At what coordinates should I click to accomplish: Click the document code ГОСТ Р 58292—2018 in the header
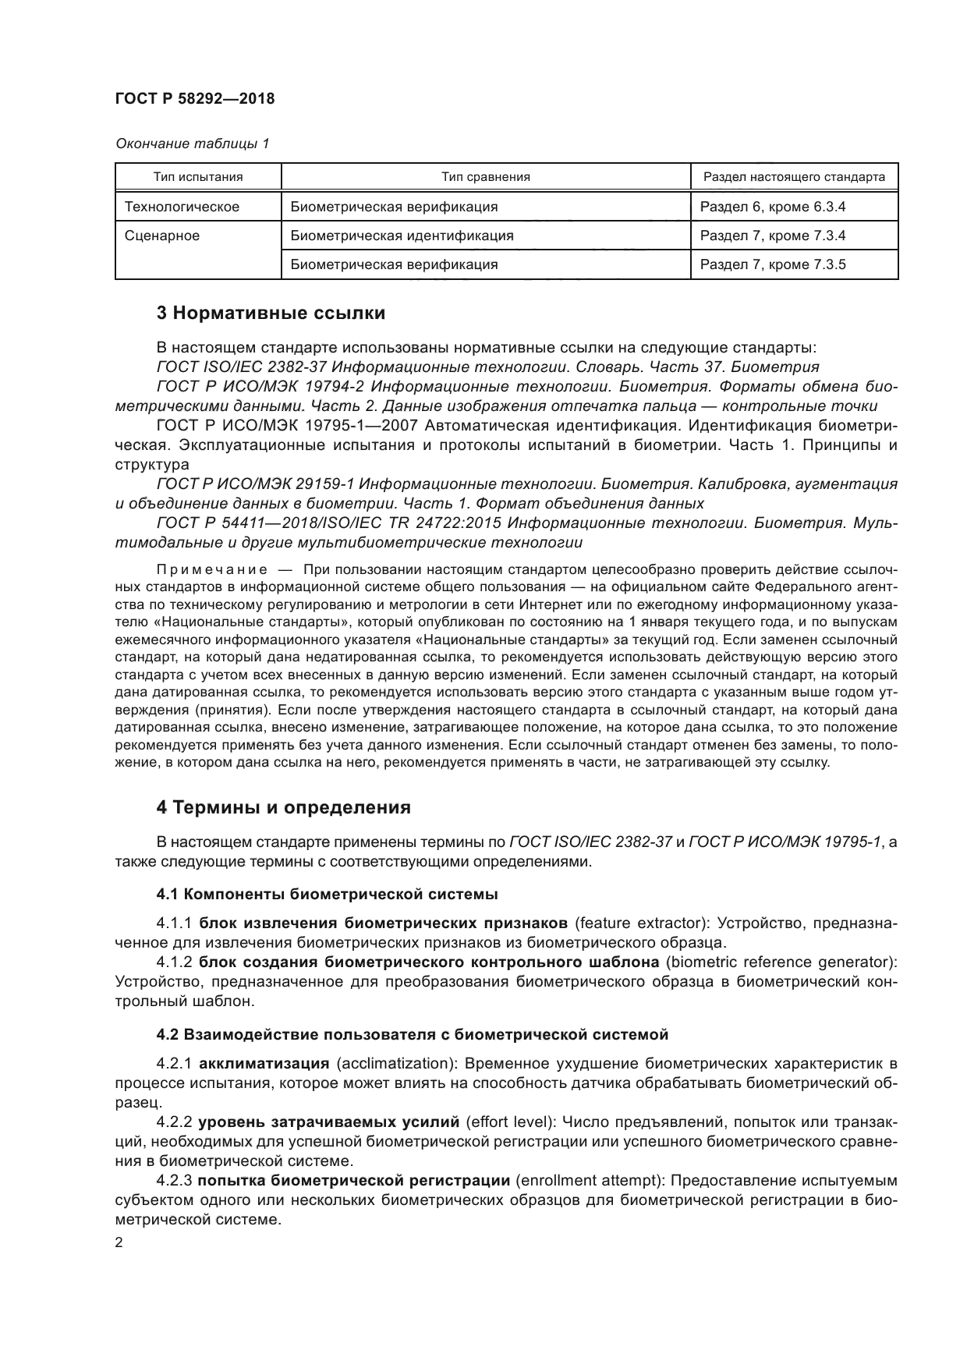pyautogui.click(x=194, y=100)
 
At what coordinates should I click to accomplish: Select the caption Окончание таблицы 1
pyautogui.click(x=192, y=144)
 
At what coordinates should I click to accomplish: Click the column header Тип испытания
pyautogui.click(x=198, y=177)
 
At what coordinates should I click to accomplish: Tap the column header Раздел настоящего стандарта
pyautogui.click(x=794, y=177)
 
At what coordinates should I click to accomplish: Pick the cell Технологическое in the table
pyautogui.click(x=182, y=207)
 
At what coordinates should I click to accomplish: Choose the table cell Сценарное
pyautogui.click(x=162, y=236)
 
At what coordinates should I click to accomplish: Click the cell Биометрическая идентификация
pyautogui.click(x=402, y=236)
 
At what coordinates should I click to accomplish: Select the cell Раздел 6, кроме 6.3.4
pyautogui.click(x=772, y=207)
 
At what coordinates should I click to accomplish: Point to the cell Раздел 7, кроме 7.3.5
pyautogui.click(x=772, y=264)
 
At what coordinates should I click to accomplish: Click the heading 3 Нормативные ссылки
pyautogui.click(x=271, y=314)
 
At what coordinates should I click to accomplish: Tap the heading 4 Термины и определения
pyautogui.click(x=284, y=807)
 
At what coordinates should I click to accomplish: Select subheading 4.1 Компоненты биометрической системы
pyautogui.click(x=327, y=894)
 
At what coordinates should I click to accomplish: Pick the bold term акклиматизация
pyautogui.click(x=264, y=1064)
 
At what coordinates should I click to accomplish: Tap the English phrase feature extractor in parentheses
pyautogui.click(x=640, y=923)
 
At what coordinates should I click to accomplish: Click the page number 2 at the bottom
pyautogui.click(x=119, y=1244)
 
